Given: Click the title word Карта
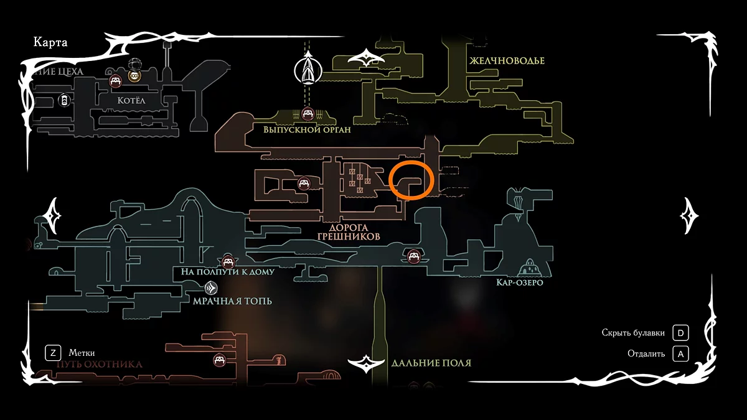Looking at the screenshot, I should pyautogui.click(x=50, y=43).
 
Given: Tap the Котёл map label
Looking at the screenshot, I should pyautogui.click(x=131, y=100).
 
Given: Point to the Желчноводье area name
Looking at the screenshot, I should pyautogui.click(x=507, y=60).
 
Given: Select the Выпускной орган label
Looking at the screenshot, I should pyautogui.click(x=308, y=130).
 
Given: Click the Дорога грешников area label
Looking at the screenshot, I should pyautogui.click(x=350, y=232).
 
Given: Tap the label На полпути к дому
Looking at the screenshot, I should pyautogui.click(x=228, y=272).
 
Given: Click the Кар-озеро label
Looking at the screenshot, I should pyautogui.click(x=520, y=283).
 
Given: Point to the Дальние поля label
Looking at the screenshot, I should pyautogui.click(x=431, y=363).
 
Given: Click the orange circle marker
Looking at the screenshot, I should pyautogui.click(x=410, y=179).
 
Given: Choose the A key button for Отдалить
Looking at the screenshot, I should pyautogui.click(x=680, y=354).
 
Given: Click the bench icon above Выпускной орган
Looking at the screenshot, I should pyautogui.click(x=308, y=114).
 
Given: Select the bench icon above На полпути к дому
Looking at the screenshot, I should pyautogui.click(x=228, y=261).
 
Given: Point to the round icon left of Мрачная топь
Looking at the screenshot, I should pyautogui.click(x=210, y=288).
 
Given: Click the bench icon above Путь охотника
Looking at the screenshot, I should pyautogui.click(x=219, y=360).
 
